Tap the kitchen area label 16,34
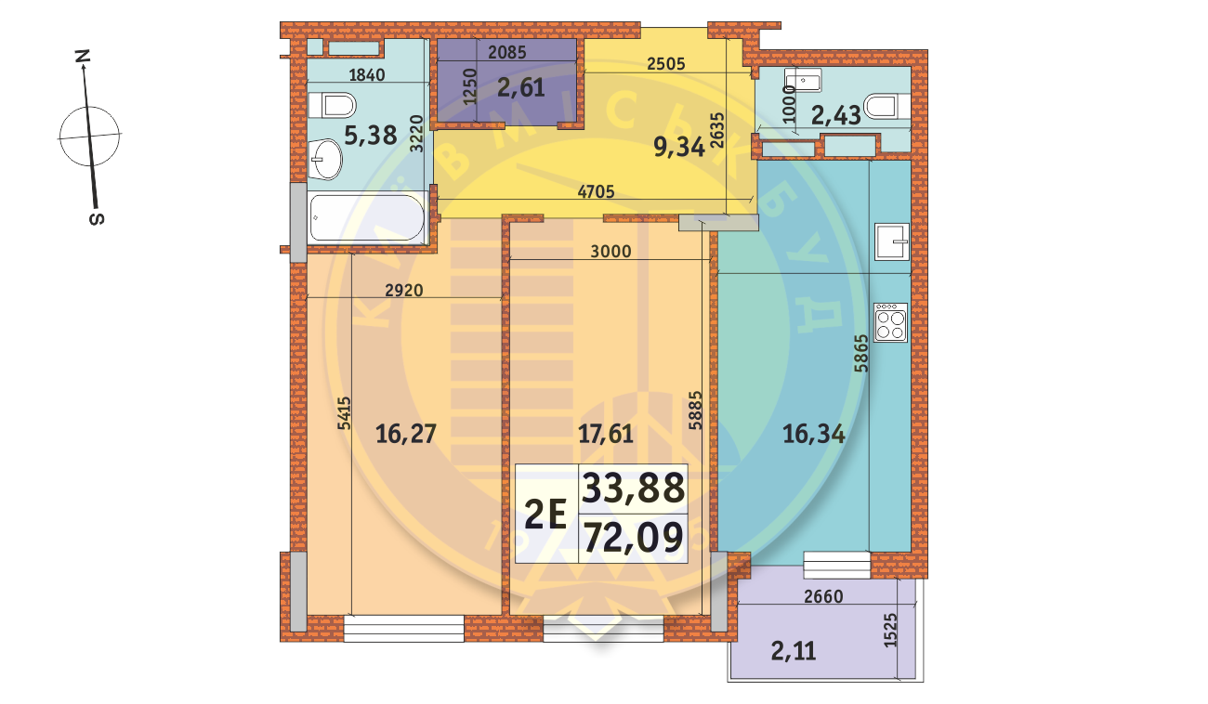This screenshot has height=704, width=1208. [814, 433]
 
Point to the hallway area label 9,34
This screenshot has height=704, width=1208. [680, 146]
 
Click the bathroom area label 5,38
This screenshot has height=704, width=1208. [371, 136]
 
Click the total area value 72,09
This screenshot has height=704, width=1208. [633, 537]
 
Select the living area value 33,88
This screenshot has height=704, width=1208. [633, 488]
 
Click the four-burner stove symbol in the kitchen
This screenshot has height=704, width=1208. [889, 324]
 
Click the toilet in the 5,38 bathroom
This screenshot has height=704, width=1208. [333, 104]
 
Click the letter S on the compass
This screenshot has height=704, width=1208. [96, 218]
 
